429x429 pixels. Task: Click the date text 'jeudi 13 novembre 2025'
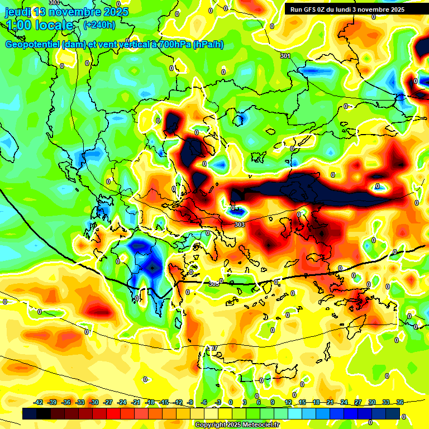pos(66,12)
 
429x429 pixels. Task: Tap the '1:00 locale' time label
pos(40,25)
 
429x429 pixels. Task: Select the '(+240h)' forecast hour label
pos(99,25)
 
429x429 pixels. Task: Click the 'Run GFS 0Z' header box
pos(347,9)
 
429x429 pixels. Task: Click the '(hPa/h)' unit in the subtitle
pos(208,45)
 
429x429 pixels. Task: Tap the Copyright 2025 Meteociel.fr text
pos(237,425)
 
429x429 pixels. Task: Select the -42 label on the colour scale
pos(39,403)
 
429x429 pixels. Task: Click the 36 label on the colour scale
pos(399,403)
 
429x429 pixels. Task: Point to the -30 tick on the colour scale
pos(94,403)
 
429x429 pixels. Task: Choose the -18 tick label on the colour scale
pos(150,403)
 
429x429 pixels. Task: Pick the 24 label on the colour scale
pos(344,403)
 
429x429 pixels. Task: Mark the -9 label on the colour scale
pos(190,403)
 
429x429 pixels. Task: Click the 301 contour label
pos(285,56)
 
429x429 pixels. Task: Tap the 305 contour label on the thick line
pos(214,284)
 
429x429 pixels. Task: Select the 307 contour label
pos(212,348)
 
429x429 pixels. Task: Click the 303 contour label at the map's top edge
pos(54,3)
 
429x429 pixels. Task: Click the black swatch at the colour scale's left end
pos(30,413)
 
